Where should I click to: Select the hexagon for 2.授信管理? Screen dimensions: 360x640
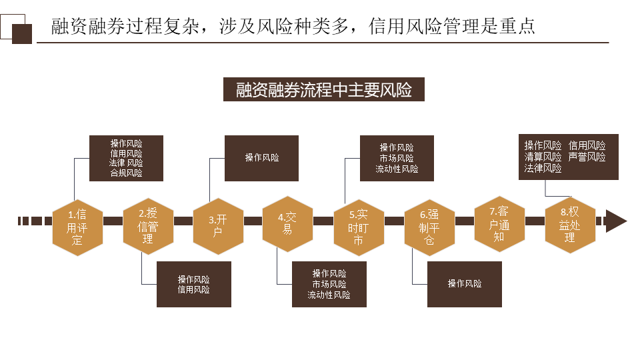tap(147, 225)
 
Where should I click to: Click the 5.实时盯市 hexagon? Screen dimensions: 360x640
tap(358, 227)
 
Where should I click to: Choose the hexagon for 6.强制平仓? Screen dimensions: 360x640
tap(429, 227)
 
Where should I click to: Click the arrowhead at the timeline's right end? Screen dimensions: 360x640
tap(617, 221)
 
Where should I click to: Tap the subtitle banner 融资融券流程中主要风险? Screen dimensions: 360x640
tap(324, 89)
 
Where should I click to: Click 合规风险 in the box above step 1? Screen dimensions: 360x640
tap(126, 173)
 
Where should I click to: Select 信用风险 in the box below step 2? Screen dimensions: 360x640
tap(193, 289)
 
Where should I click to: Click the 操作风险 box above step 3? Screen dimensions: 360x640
tap(261, 158)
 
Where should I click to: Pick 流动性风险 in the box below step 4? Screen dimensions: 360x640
tap(329, 295)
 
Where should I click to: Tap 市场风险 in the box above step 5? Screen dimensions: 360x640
tap(397, 159)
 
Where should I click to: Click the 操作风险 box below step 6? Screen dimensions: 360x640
tap(464, 283)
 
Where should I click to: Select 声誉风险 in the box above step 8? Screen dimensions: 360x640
tap(587, 157)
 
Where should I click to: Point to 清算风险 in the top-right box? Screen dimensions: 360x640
tap(543, 157)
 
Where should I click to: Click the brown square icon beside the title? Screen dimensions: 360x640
tap(22, 33)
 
